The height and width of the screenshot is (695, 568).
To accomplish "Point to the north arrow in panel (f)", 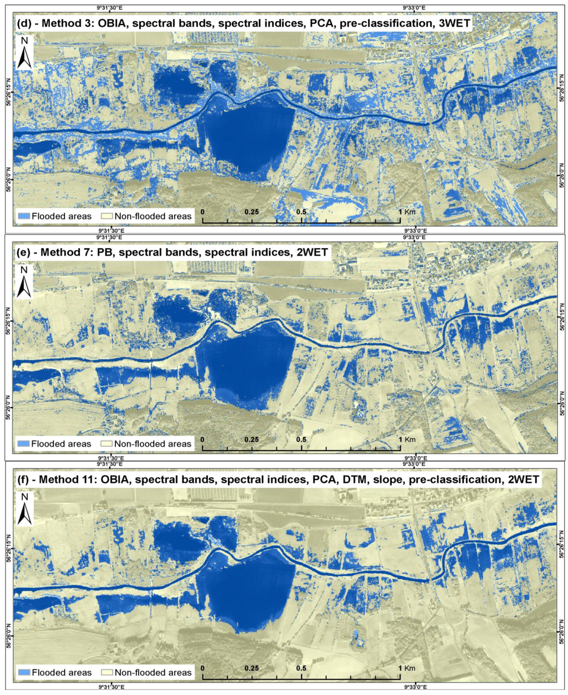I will point(24,510).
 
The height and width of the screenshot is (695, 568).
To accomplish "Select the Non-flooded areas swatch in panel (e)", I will point(106,444).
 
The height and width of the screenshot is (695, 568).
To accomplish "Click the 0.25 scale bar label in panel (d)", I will point(252,212).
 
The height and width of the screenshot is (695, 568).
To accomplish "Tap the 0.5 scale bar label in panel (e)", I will point(301,440).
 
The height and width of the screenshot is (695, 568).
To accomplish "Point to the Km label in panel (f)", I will point(410,668).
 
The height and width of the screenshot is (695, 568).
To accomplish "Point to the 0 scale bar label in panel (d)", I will point(203,212).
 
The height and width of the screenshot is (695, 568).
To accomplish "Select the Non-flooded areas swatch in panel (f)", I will point(106,672).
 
